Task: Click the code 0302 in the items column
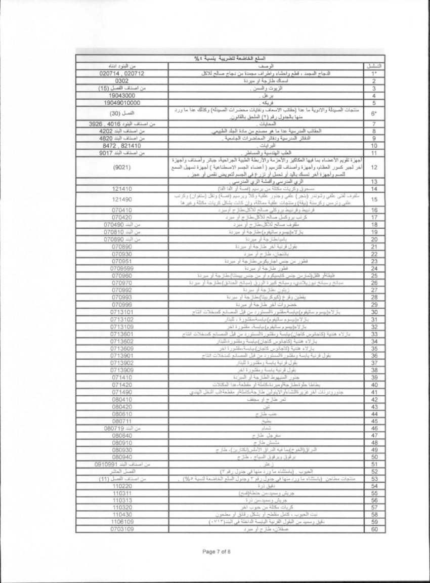122,81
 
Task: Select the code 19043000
122,95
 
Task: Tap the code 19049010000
122,102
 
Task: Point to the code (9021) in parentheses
122,166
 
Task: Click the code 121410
122,189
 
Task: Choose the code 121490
122,199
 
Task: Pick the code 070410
122,210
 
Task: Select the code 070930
122,254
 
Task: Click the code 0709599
122,268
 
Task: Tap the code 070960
122,276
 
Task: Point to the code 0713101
122,312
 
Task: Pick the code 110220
122,485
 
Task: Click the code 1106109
122,521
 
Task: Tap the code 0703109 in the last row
122,529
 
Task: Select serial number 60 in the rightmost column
372,529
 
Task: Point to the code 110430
122,514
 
